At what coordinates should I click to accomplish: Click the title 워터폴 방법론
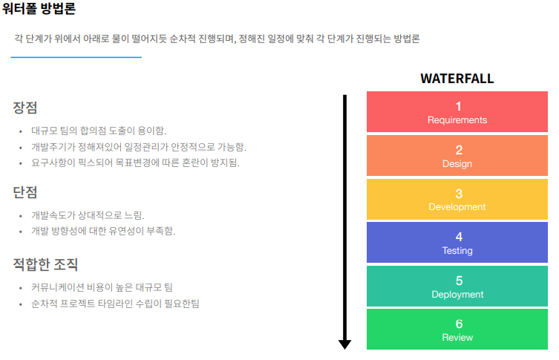coord(39,10)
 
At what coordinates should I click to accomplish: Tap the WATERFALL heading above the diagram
coord(457,79)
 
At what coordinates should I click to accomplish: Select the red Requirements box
coord(457,112)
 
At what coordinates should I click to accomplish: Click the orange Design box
coord(457,156)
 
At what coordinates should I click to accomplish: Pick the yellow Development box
coord(457,200)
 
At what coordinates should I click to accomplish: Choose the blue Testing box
coord(457,243)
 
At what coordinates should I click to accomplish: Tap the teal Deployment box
coord(457,287)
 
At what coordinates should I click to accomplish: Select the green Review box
coord(457,330)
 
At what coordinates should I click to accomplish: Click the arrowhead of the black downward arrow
coord(344,344)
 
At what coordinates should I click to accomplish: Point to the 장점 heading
coord(25,108)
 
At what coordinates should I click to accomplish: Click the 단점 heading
coord(25,193)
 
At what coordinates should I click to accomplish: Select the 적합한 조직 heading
coord(45,264)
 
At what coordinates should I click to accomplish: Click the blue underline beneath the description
coord(76,57)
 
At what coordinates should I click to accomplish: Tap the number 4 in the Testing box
coord(458,237)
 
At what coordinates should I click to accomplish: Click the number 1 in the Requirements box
coord(458,106)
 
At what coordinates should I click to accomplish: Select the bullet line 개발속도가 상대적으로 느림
coord(88,215)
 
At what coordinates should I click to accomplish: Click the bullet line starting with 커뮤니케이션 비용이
coord(102,287)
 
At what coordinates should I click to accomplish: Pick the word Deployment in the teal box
coord(457,294)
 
